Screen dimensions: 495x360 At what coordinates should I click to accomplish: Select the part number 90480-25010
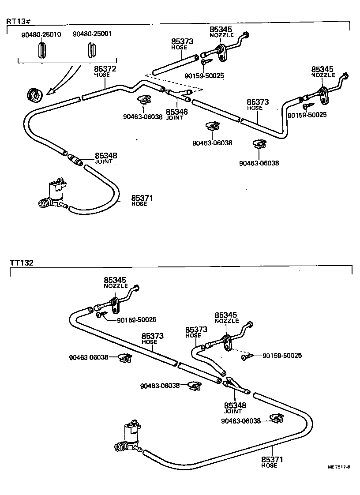tap(41, 34)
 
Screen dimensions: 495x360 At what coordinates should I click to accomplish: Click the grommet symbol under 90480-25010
tap(41, 50)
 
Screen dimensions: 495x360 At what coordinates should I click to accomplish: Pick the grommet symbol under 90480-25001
tap(91, 50)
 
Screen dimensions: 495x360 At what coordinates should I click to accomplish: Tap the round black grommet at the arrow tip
tap(34, 94)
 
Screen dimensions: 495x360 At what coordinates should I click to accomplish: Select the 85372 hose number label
tap(105, 69)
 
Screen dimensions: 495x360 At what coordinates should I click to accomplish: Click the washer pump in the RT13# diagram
tap(53, 194)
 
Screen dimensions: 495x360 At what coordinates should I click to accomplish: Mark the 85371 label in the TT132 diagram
tap(272, 460)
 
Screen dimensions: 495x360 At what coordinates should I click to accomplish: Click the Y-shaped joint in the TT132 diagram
tap(236, 385)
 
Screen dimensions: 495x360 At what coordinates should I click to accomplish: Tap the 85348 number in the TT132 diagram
tap(235, 405)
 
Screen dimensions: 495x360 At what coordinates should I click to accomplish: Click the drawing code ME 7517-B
tap(339, 467)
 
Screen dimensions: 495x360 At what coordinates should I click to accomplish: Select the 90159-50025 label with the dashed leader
tap(282, 355)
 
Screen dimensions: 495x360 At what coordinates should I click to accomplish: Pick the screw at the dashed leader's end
tap(246, 357)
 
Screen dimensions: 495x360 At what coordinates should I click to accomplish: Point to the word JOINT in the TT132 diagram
tap(233, 411)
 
